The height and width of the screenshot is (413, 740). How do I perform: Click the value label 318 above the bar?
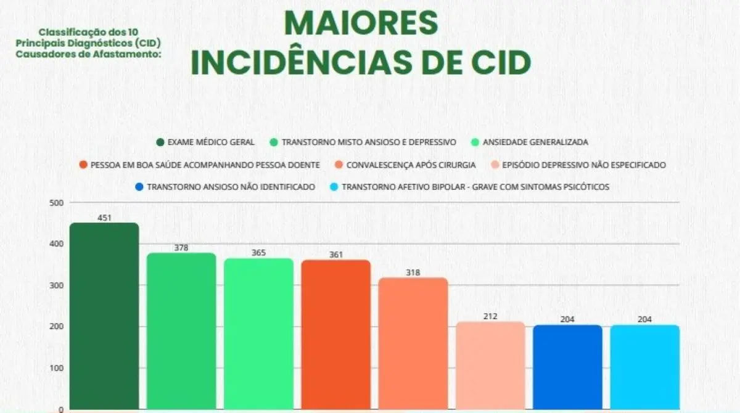tap(413, 272)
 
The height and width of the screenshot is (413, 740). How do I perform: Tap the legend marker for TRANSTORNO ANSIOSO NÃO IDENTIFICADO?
tap(139, 187)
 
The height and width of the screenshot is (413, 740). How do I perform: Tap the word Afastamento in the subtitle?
tap(132, 54)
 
